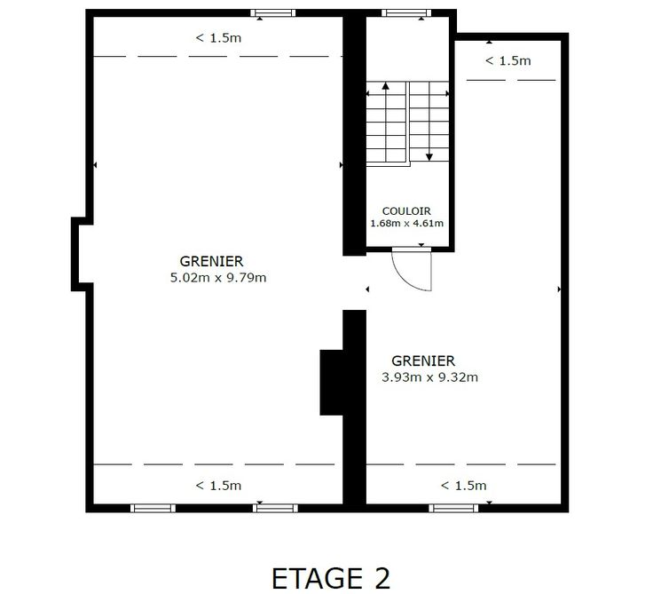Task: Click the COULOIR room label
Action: (x=406, y=211)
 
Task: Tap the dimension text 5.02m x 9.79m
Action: (x=218, y=278)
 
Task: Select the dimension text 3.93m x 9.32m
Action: (x=429, y=377)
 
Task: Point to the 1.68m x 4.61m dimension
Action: (x=407, y=223)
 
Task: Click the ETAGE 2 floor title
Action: (x=331, y=578)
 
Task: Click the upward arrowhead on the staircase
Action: (x=386, y=85)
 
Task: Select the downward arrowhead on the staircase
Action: (x=429, y=157)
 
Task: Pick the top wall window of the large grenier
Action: (x=272, y=13)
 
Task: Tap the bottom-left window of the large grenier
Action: (x=153, y=508)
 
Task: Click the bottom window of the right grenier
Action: (x=453, y=508)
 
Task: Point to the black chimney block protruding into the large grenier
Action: (x=332, y=383)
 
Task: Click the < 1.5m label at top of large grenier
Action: (x=218, y=38)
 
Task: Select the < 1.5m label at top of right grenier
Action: (x=508, y=61)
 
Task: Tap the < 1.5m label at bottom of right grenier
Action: (x=463, y=486)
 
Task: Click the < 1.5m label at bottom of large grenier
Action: (x=218, y=486)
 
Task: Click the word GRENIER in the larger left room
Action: (x=211, y=261)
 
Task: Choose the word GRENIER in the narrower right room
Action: (x=423, y=360)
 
